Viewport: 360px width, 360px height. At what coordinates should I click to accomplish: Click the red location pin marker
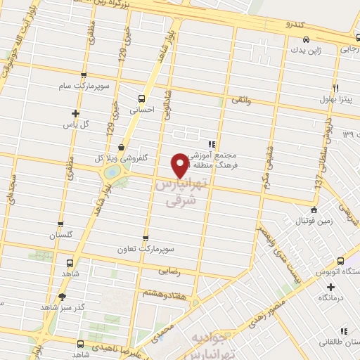point(181,165)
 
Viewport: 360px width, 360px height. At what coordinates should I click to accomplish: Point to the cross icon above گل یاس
point(76,113)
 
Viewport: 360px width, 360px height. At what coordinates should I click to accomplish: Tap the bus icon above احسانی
point(142,98)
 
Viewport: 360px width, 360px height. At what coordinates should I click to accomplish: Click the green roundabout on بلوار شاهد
point(111,172)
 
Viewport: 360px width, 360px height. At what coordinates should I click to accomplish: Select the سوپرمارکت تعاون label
point(146,250)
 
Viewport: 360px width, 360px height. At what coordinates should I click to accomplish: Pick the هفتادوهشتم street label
point(165,291)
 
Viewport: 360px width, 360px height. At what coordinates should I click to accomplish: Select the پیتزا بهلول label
point(335,98)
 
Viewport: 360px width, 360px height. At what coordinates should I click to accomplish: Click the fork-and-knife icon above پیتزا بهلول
point(336,88)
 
